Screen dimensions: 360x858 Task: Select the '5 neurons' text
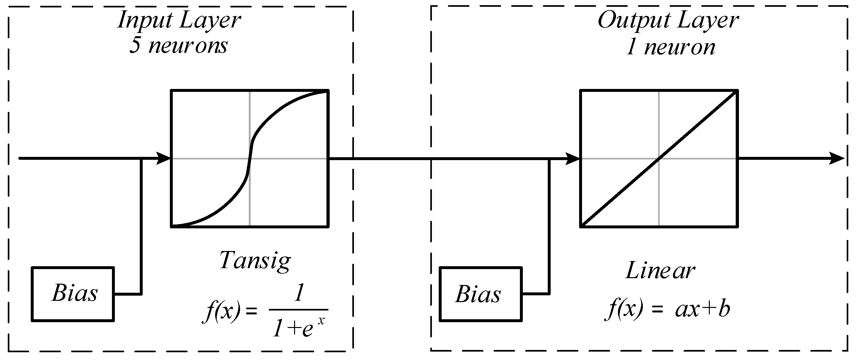coord(178,45)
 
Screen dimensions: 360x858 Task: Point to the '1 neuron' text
coord(670,47)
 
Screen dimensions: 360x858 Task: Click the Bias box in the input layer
coord(73,294)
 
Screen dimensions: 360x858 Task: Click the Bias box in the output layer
coord(480,294)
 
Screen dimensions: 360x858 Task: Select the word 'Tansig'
coord(255,261)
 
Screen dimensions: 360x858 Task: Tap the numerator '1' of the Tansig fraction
coord(299,293)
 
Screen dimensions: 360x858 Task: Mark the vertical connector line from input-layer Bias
coord(141,226)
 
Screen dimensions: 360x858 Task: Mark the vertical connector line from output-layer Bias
coord(549,226)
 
